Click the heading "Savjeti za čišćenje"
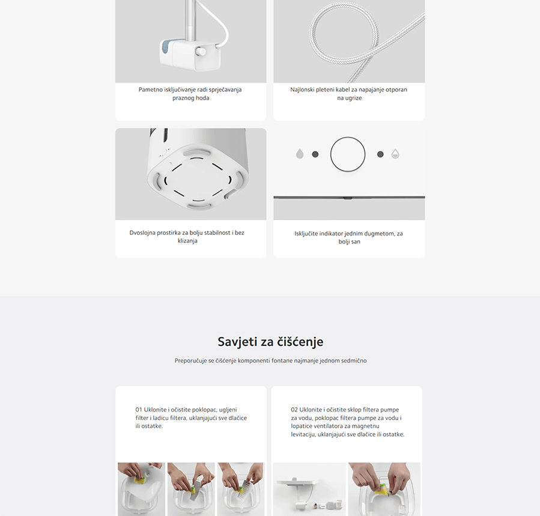[x=270, y=342]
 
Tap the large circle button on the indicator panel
[x=348, y=137]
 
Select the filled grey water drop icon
[x=300, y=154]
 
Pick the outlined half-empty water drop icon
[x=395, y=154]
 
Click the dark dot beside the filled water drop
[x=315, y=154]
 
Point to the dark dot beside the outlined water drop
[x=380, y=154]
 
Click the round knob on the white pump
[x=201, y=52]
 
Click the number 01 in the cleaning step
[x=138, y=410]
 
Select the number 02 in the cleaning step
[x=294, y=410]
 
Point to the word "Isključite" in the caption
[x=306, y=234]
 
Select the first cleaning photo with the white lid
[x=142, y=489]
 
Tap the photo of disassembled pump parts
[x=309, y=489]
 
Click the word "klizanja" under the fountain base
[x=187, y=241]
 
